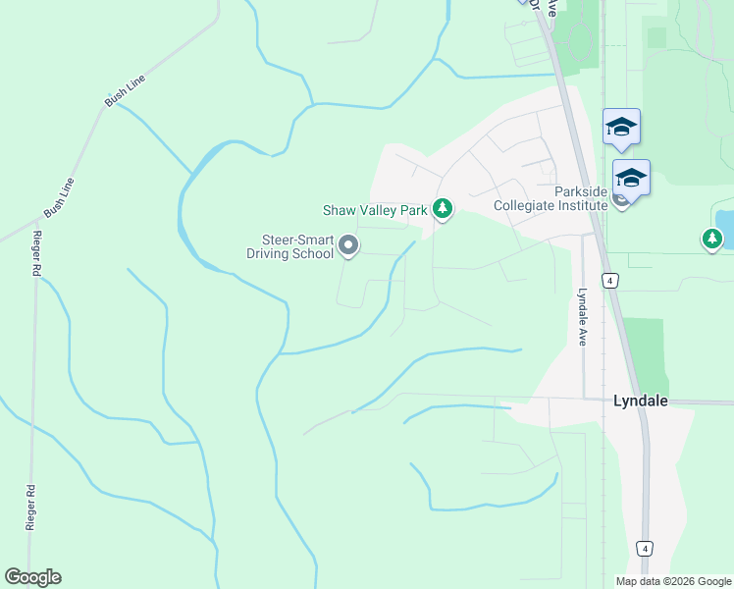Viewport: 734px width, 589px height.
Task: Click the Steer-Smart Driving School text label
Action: click(289, 245)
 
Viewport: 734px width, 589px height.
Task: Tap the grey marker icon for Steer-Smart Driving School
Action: click(348, 245)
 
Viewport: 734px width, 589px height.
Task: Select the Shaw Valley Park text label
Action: click(376, 210)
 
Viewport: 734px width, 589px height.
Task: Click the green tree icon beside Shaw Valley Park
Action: click(443, 208)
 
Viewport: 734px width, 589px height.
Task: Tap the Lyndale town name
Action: click(641, 402)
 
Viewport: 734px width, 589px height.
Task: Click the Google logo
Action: click(32, 577)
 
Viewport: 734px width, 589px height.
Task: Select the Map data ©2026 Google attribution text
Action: click(673, 581)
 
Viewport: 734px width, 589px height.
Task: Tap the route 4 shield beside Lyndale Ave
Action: click(610, 281)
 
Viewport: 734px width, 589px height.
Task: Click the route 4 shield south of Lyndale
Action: click(644, 548)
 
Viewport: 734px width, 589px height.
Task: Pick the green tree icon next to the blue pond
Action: click(711, 238)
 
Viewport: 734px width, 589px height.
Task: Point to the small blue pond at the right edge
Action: click(724, 228)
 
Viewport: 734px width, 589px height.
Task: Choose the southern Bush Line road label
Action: click(60, 197)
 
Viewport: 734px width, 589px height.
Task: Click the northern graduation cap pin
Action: click(621, 126)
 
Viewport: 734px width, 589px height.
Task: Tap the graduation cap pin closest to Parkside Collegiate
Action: click(631, 178)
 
